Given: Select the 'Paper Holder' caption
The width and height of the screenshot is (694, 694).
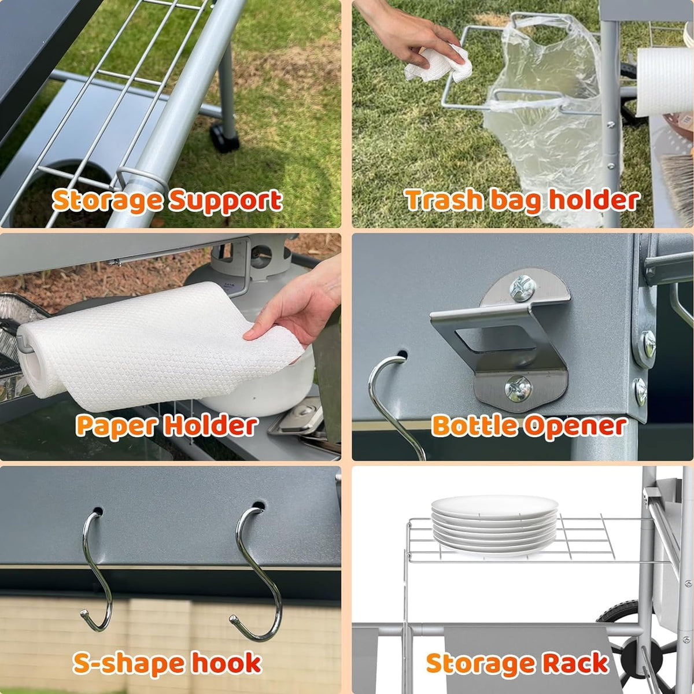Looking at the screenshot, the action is [x=167, y=426].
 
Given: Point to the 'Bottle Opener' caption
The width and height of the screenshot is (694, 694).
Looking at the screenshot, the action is [x=529, y=426].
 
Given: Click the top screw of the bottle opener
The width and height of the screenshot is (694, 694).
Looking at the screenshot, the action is [x=522, y=288].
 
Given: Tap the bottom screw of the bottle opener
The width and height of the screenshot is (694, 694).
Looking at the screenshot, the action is [x=518, y=389].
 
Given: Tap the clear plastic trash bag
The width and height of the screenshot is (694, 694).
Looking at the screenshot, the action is [x=551, y=119].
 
